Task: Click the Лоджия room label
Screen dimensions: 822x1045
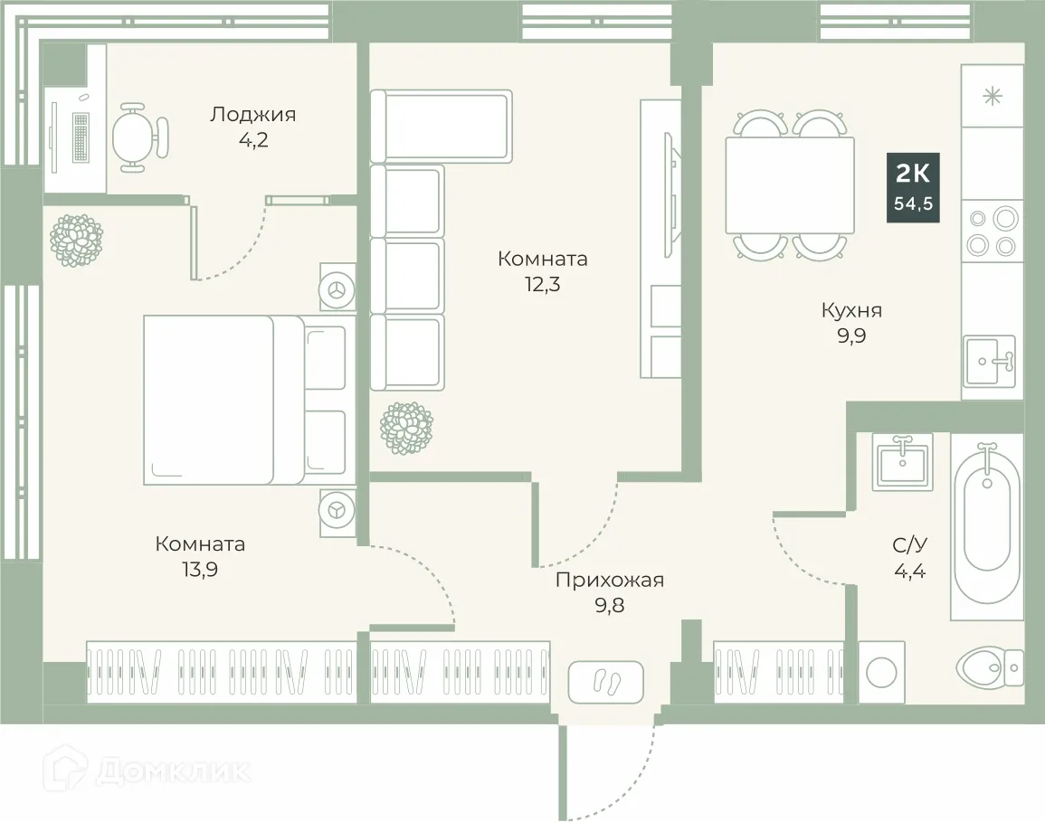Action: pos(253,115)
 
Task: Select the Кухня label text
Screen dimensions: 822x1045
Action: pos(851,311)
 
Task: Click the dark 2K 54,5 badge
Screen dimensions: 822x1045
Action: pos(913,188)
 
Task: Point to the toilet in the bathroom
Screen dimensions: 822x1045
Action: pos(988,667)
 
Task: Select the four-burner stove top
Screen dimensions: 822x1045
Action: pos(992,231)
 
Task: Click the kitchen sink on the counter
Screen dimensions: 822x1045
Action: pos(990,361)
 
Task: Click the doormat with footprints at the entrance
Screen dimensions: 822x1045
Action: pos(605,680)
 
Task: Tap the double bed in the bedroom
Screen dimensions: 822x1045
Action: pos(244,399)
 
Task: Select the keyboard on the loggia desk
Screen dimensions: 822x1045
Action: pos(81,138)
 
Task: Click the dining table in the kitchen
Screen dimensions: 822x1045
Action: pos(790,184)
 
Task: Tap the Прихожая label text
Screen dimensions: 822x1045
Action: pos(610,581)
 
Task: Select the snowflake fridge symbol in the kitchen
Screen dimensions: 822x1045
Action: pos(993,96)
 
